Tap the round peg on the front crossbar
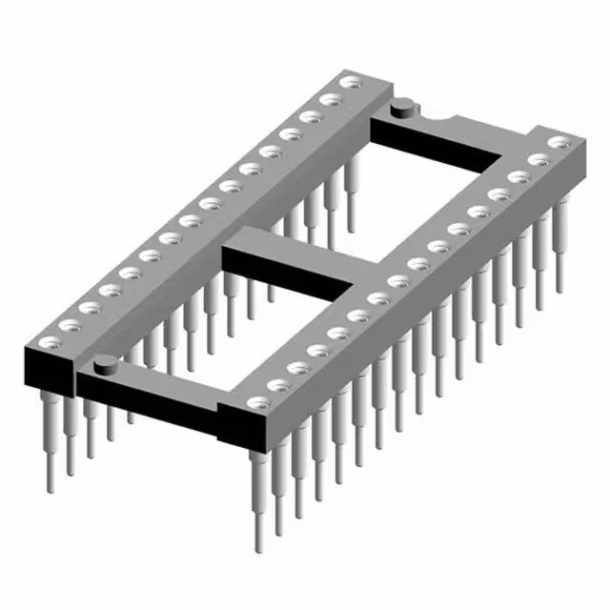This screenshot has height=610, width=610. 106,362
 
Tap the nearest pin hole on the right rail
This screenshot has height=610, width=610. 256,403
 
